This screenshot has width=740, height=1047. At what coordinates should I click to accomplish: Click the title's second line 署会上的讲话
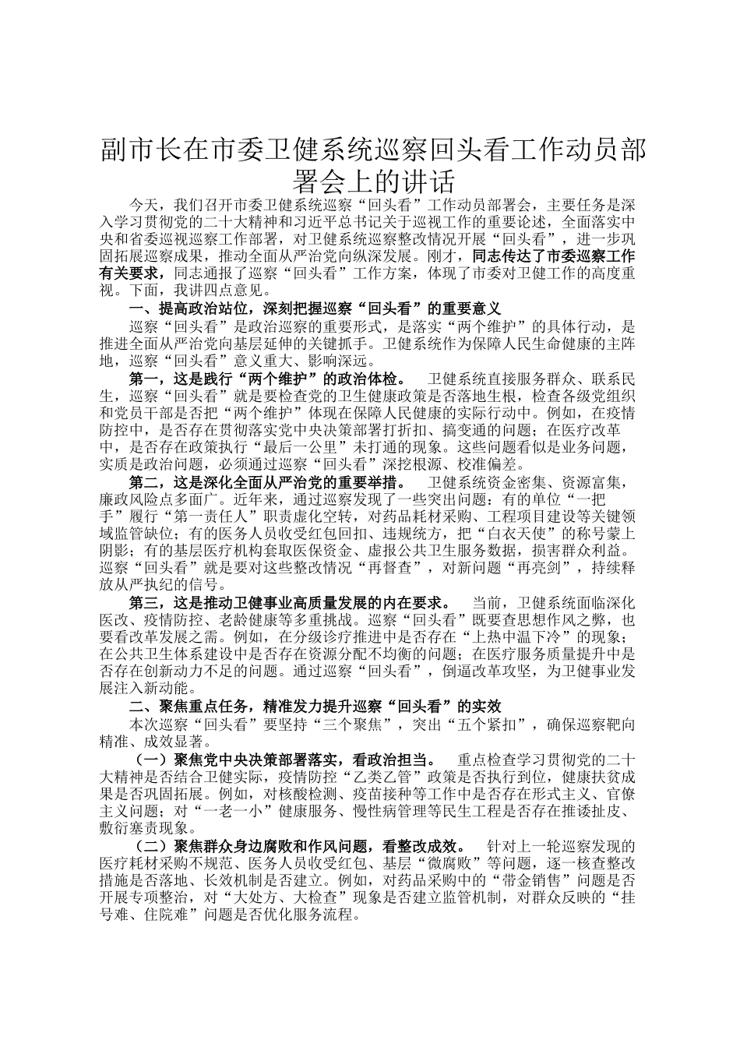click(373, 182)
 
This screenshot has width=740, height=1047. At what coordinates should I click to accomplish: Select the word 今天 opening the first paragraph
click(143, 206)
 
